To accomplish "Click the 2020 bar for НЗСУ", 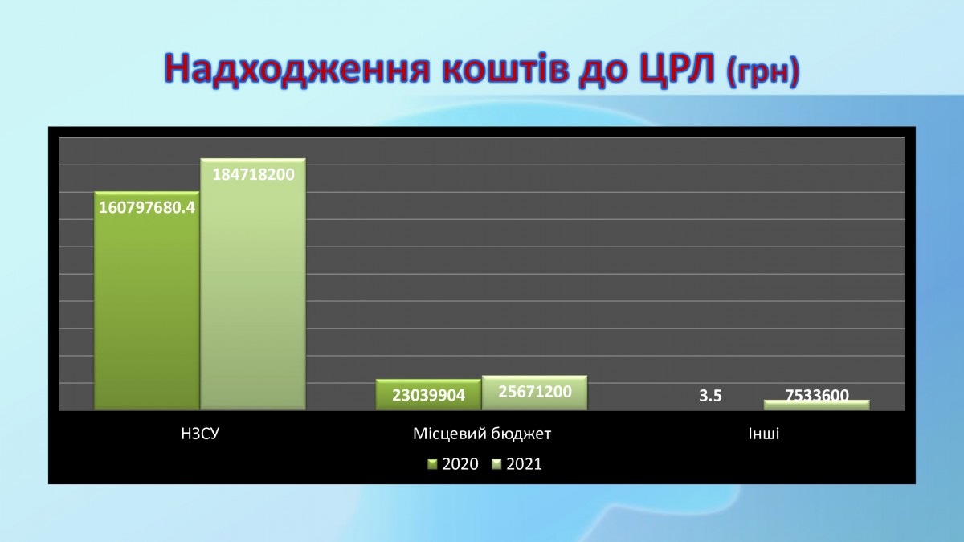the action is click(147, 300).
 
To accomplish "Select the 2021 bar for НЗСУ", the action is click(253, 284).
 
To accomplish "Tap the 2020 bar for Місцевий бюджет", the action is click(428, 394).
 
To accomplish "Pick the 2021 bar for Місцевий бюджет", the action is click(534, 393).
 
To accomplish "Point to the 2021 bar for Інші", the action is click(817, 405).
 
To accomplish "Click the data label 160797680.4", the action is click(147, 208).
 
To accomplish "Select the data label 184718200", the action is click(254, 175).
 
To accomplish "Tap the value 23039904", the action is click(429, 395).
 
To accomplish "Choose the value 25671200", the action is click(535, 392).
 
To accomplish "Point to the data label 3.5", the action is click(710, 396).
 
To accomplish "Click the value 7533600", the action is click(817, 395).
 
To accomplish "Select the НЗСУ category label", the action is click(200, 434).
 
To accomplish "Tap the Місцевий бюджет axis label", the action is click(482, 434).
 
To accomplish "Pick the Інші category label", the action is click(764, 434).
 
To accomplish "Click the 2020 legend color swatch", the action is click(432, 464).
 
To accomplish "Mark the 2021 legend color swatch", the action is click(496, 464).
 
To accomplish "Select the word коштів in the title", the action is click(504, 69).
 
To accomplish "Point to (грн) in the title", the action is click(763, 73).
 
